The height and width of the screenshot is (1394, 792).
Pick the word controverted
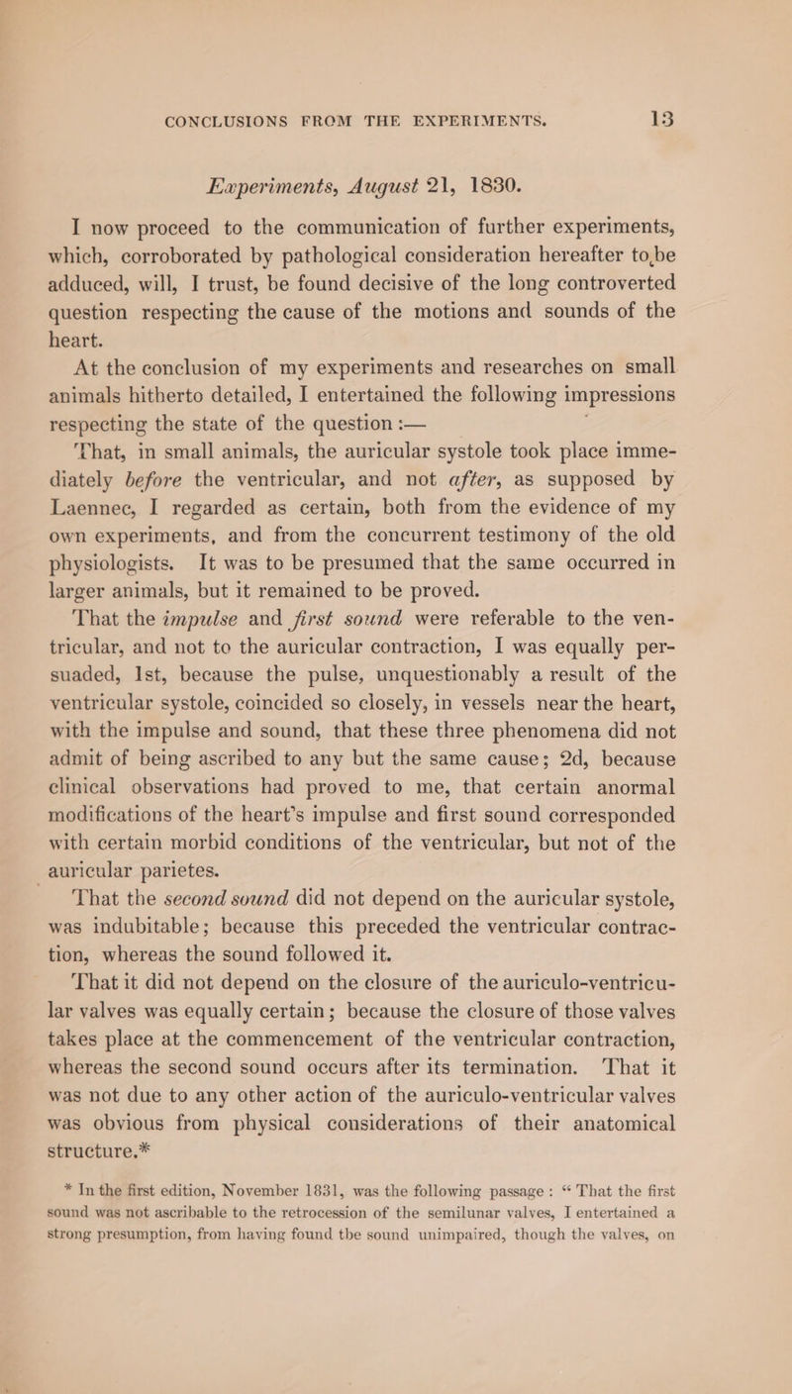coord(643,304)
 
